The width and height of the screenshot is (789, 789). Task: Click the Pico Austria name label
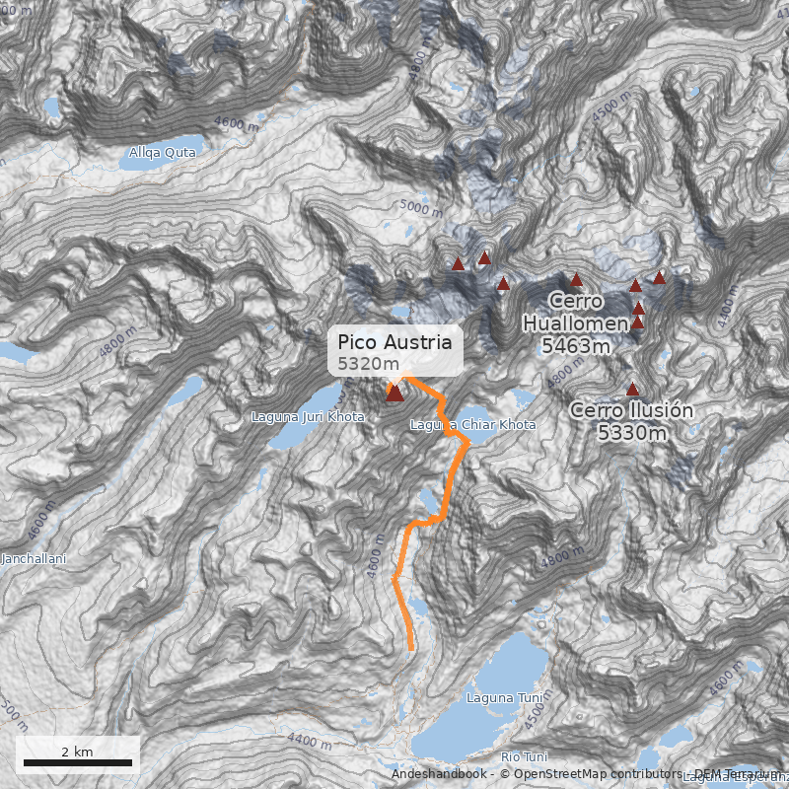394,342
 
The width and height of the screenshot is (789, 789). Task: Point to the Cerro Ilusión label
631,420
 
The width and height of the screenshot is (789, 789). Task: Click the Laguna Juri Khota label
309,417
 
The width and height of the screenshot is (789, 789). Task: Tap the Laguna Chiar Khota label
472,425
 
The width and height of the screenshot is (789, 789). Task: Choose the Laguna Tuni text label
490,698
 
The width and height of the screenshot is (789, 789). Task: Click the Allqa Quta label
163,153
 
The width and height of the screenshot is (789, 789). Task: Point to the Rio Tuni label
524,756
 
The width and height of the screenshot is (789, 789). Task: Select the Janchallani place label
33,559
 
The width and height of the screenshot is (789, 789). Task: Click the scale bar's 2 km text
77,752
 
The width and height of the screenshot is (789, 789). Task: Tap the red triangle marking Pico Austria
394,394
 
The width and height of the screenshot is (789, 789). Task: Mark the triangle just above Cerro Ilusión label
632,390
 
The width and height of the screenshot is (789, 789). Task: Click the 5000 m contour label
421,208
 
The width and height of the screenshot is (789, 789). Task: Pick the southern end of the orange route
410,647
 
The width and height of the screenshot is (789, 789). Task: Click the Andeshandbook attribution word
440,774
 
